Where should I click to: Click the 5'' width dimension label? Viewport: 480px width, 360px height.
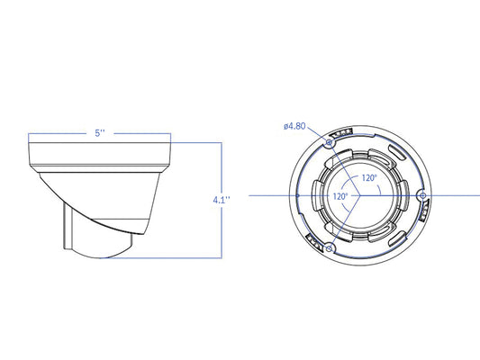pos(100,133)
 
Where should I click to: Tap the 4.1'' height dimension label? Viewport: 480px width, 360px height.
pos(222,200)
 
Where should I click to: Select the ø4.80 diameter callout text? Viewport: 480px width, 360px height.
pos(294,126)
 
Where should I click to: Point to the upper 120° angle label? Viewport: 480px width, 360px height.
pos(369,178)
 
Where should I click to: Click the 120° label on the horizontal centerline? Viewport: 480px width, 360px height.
pos(340,196)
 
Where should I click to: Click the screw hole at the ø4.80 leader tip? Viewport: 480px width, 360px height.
pos(329,142)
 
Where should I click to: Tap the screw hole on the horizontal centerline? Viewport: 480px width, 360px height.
pos(423,195)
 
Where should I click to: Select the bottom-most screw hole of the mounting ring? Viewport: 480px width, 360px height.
pos(329,248)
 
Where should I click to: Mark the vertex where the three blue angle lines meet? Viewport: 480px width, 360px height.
pos(359,195)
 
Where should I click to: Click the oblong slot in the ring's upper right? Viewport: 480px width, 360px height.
pos(397,152)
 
